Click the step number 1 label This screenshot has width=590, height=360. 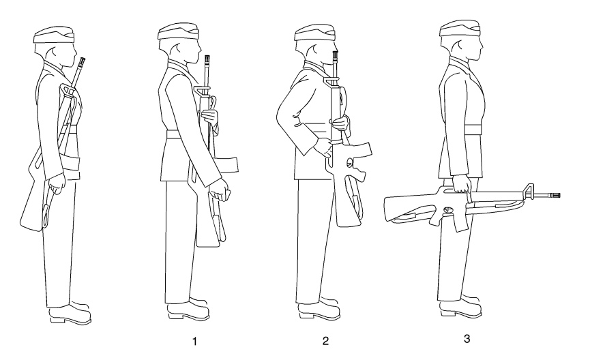coord(194,341)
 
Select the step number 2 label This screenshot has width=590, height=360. coord(325,341)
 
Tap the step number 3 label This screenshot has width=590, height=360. coord(467,339)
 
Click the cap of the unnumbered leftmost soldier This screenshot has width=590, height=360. coord(54,35)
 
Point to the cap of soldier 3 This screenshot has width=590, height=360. coord(460,29)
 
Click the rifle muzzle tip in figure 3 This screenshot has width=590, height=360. coord(559,195)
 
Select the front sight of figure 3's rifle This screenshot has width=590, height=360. coord(529,191)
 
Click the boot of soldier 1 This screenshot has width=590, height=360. coord(188,310)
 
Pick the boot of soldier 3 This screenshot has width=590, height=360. coord(461,305)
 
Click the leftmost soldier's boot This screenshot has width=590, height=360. coord(70,313)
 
